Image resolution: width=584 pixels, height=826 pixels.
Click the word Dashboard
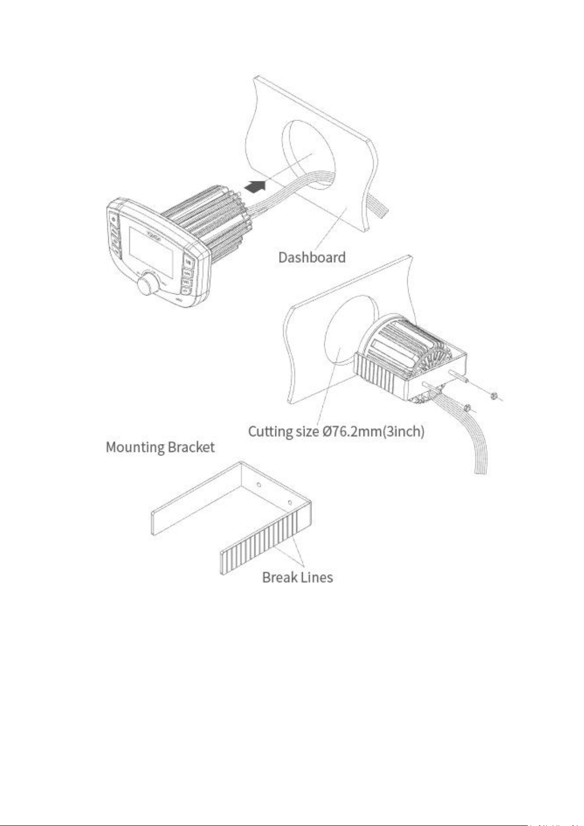click(312, 257)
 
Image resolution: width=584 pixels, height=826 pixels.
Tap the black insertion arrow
click(256, 186)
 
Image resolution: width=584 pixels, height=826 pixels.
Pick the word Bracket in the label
click(191, 448)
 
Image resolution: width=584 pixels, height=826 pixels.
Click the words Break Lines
click(297, 577)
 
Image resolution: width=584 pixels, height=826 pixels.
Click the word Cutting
click(270, 432)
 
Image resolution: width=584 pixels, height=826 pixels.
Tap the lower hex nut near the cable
click(467, 406)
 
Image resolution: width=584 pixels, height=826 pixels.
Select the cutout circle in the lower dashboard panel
click(343, 333)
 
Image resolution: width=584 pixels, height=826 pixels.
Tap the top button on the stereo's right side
click(189, 262)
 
